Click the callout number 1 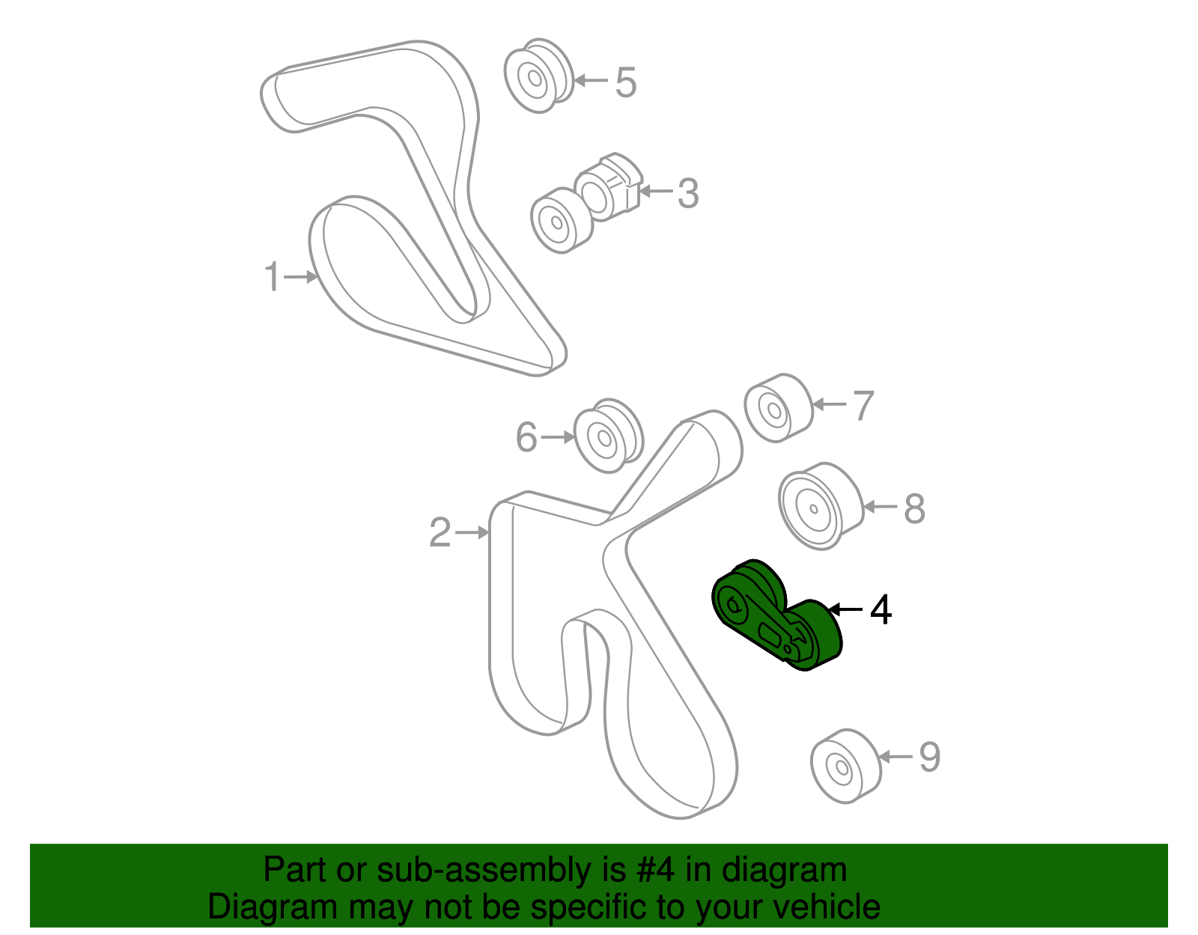point(273,277)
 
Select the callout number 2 point(440,533)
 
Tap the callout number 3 point(687,193)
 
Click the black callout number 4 point(881,610)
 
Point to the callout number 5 point(625,82)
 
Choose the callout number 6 point(526,437)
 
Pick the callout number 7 point(863,406)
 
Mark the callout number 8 point(914,508)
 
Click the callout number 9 point(929,758)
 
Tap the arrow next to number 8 point(879,507)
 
